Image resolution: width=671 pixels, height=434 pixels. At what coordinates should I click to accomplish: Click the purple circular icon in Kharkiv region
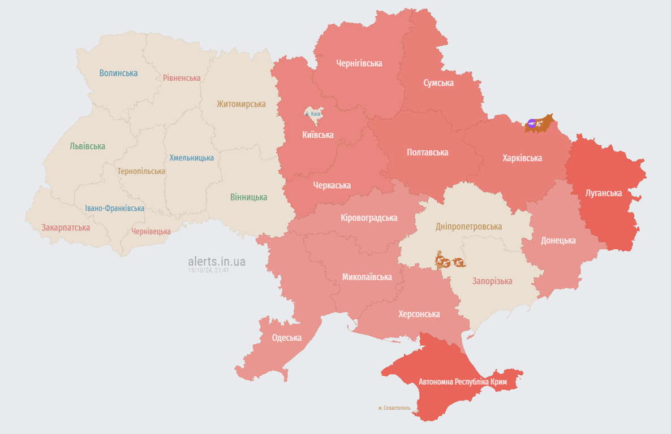531,123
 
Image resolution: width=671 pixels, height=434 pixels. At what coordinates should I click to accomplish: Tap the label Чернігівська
359,63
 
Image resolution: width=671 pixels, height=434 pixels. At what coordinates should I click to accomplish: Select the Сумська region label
438,83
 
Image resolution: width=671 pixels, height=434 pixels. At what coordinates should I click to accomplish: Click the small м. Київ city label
313,114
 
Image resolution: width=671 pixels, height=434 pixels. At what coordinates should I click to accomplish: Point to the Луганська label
604,193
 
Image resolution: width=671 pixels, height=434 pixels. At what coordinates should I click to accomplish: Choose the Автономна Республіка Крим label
463,382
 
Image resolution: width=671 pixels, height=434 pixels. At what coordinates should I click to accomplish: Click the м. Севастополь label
394,407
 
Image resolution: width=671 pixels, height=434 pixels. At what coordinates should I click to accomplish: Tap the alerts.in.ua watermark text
217,262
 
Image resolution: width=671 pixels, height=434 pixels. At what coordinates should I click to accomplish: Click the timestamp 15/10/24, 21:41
209,271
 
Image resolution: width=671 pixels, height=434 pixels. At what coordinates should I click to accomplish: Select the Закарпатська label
66,228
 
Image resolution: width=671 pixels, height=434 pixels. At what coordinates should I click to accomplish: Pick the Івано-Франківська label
114,208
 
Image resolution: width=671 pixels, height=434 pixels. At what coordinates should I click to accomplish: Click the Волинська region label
118,73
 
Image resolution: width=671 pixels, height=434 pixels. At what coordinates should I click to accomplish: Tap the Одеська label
286,338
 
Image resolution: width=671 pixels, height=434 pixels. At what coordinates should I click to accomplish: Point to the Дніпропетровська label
468,227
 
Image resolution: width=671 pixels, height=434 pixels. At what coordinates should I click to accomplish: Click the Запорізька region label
492,281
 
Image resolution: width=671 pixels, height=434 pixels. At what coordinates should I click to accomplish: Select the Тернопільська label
141,171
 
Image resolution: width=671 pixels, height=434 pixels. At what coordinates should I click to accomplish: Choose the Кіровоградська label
369,218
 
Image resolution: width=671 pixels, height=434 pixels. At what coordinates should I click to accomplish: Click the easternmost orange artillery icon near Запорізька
459,262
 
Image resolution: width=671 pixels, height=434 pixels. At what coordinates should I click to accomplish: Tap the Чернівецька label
151,232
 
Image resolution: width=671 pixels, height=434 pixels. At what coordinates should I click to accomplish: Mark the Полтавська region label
427,153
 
